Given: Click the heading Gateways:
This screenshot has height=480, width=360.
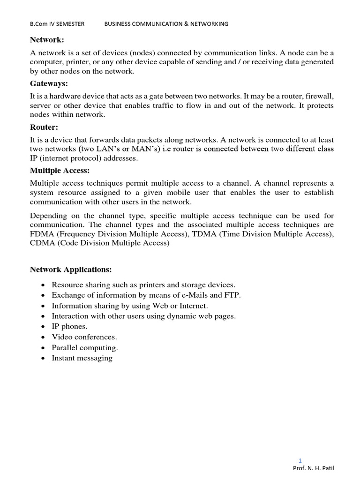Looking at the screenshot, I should tap(49, 83).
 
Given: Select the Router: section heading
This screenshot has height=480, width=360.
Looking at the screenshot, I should tap(45, 127).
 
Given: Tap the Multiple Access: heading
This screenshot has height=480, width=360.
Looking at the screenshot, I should tap(60, 171).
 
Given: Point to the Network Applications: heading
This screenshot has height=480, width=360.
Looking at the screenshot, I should tap(71, 270).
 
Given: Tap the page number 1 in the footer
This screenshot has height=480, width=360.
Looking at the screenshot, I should tap(300, 460).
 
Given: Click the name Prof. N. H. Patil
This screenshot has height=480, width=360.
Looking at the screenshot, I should tap(314, 468).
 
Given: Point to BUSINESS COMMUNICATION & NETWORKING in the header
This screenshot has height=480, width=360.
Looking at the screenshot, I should tap(166, 24).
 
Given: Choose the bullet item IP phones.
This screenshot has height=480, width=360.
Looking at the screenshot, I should tap(69, 326).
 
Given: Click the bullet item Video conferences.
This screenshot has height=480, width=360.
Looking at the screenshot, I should tap(84, 337).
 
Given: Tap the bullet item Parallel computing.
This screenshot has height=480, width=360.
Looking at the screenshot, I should tap(85, 347).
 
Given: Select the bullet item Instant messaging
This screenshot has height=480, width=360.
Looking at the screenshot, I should tap(82, 358).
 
